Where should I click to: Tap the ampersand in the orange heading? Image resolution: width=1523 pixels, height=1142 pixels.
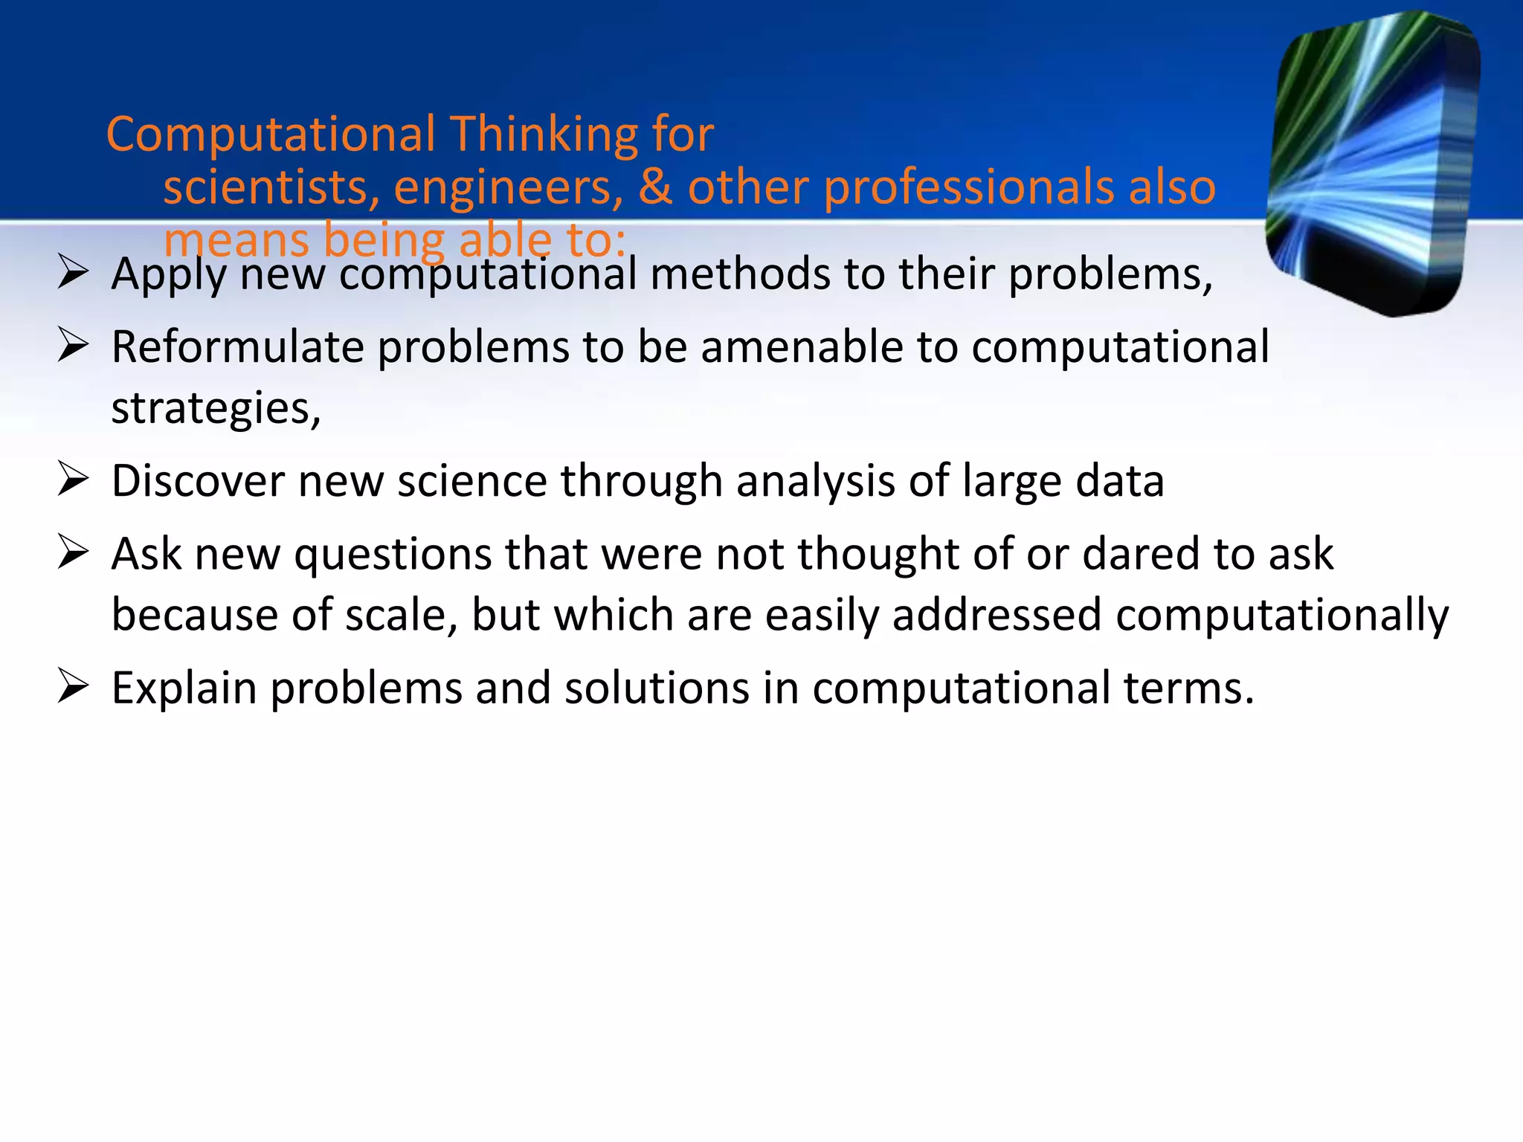(655, 187)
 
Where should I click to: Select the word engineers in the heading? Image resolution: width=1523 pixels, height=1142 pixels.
(508, 187)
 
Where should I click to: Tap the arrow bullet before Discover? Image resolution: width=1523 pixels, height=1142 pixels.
(73, 480)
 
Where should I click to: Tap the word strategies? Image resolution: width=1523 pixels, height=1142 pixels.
(216, 409)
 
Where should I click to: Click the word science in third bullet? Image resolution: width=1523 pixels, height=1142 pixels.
(472, 481)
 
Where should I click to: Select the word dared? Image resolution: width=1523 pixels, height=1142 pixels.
(1141, 554)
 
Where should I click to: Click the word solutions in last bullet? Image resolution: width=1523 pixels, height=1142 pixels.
(657, 688)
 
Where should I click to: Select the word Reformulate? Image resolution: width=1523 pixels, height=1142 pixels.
(237, 347)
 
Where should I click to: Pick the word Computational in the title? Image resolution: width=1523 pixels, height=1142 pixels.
(271, 135)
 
